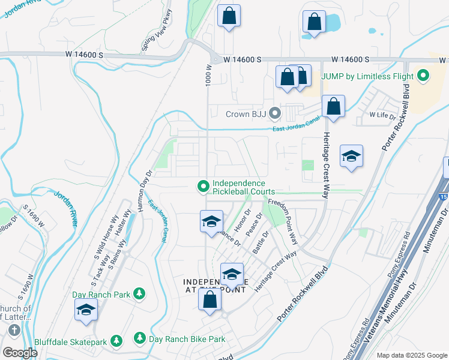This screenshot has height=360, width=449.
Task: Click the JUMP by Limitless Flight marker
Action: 424,76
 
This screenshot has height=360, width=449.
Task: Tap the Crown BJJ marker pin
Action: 275,113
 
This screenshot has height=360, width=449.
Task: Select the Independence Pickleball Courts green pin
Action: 203,187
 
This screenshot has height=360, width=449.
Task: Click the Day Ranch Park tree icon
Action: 139,294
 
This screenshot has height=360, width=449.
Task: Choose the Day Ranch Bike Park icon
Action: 139,339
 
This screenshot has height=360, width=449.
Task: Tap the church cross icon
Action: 14,330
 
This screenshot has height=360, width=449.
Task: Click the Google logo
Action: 20,352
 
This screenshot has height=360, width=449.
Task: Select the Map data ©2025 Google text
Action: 411,355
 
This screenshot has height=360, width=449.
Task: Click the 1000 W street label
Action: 209,76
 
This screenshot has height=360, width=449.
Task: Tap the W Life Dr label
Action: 381,115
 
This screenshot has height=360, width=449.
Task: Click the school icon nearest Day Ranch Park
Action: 86,310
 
